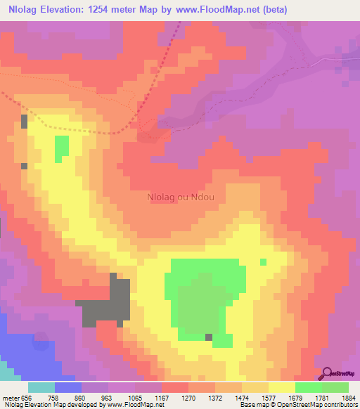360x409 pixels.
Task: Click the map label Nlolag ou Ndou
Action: coord(180,197)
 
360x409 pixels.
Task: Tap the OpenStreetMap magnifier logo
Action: coord(328,374)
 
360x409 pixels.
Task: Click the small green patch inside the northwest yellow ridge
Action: coord(62,147)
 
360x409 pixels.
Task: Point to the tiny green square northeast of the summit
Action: coord(264,261)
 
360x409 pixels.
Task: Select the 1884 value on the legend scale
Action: coord(348,396)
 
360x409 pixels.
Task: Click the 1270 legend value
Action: coord(188,396)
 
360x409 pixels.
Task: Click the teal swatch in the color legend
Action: coord(41,387)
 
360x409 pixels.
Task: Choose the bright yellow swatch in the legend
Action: coord(281,387)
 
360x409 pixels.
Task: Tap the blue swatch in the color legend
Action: coord(68,387)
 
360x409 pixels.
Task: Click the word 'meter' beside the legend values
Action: coord(12,396)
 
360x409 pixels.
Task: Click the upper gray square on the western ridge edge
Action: coord(25,121)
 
